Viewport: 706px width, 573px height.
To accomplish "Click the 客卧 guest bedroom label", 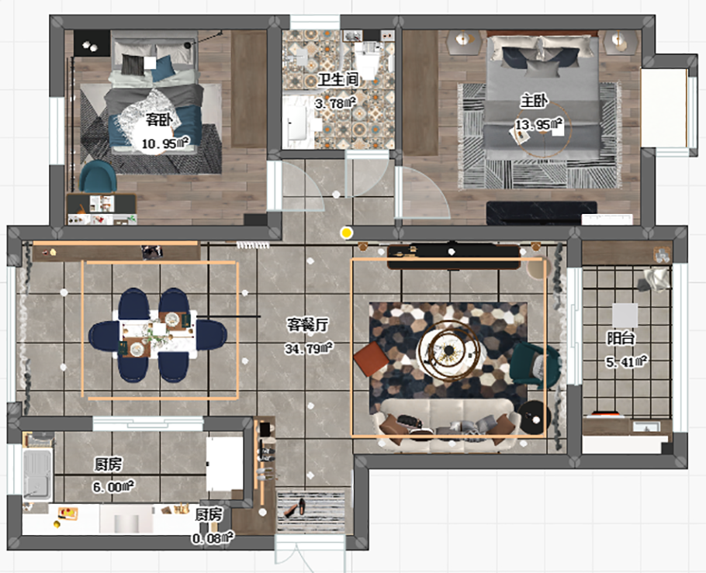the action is click(158, 120).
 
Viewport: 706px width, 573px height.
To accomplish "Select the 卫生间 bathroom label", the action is click(337, 79).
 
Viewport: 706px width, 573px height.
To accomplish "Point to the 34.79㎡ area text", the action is click(309, 348).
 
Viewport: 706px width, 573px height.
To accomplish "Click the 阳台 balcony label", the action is click(621, 337).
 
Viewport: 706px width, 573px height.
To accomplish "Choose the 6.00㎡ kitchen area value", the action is click(113, 486).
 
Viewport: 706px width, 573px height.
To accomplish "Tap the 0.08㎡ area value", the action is click(213, 537).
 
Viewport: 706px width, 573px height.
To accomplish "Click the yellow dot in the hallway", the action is click(346, 233).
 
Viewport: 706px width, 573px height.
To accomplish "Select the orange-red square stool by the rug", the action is click(371, 359).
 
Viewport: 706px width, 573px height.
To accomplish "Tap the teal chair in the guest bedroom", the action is click(98, 177).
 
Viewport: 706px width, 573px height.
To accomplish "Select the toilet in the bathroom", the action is click(368, 62).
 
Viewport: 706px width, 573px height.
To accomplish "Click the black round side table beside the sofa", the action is click(534, 417).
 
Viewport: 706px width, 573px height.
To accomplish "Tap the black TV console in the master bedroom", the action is click(542, 213).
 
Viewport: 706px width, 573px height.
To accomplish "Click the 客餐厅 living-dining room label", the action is click(309, 325).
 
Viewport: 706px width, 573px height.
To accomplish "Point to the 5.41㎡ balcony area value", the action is click(627, 361).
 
